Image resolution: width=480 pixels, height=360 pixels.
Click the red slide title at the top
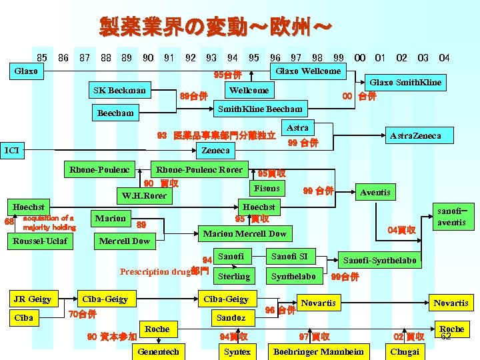pyautogui.click(x=215, y=27)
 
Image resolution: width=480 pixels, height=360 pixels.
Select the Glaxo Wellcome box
pyautogui.click(x=308, y=71)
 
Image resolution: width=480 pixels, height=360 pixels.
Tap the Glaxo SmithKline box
pyautogui.click(x=405, y=83)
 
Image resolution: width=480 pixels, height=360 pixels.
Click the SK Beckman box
pyautogui.click(x=119, y=90)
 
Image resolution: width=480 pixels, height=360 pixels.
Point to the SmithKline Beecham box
pyautogui.click(x=261, y=109)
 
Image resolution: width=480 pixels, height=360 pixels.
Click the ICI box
pyautogui.click(x=11, y=151)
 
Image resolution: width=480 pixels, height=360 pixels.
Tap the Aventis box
pyautogui.click(x=375, y=193)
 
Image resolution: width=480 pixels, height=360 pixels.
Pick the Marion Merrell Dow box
pyautogui.click(x=245, y=233)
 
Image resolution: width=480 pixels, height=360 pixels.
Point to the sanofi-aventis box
pyautogui.click(x=451, y=217)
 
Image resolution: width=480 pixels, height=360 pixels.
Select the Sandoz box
pyautogui.click(x=231, y=318)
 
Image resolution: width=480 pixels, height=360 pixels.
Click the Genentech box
pyautogui.click(x=158, y=351)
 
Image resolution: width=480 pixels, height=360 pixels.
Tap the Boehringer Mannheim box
pyautogui.click(x=319, y=351)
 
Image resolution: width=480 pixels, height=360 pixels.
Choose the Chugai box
pyautogui.click(x=404, y=351)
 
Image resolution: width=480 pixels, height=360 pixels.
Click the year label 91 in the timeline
pyautogui.click(x=169, y=58)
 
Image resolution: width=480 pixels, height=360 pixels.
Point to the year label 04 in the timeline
pyautogui.click(x=444, y=58)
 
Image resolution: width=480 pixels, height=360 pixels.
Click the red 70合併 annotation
pyautogui.click(x=83, y=314)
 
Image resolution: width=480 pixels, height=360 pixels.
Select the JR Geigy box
pyautogui.click(x=33, y=299)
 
